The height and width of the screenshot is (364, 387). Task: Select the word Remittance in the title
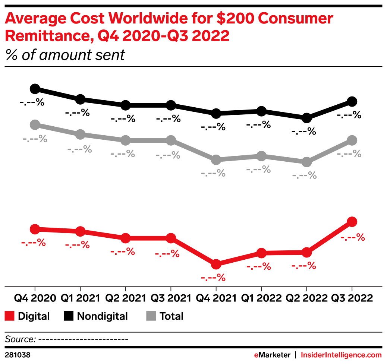46,36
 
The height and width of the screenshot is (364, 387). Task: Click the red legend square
9,316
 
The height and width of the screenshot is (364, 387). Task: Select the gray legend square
151,316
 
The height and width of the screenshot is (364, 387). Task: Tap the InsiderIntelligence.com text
341,355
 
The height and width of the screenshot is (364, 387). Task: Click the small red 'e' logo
256,355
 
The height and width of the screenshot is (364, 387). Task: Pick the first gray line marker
35,124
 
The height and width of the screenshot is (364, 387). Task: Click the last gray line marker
352,140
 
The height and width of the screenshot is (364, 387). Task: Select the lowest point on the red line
216,264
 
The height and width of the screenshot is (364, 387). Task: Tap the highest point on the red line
352,222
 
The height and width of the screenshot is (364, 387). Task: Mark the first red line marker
35,229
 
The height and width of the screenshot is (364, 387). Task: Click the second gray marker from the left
80,134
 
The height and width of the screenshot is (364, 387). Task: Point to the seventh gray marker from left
306,162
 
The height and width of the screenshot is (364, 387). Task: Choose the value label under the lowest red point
213,278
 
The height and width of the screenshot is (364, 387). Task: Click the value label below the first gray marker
35,140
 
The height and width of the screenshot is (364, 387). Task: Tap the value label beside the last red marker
352,237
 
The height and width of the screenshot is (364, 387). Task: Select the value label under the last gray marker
349,153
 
